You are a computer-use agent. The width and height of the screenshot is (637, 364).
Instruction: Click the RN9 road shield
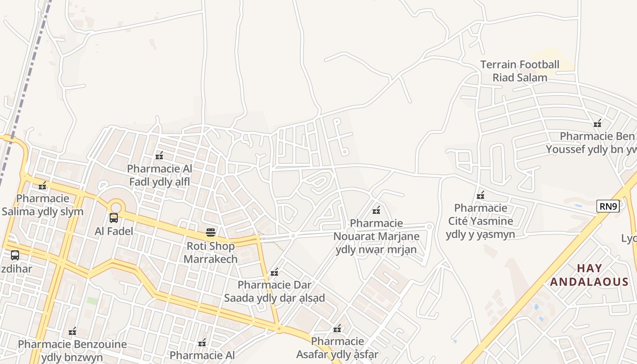click(x=608, y=207)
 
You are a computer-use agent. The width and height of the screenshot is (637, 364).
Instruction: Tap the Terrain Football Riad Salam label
click(x=520, y=71)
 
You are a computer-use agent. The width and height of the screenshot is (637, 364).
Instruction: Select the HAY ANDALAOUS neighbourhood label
click(x=589, y=275)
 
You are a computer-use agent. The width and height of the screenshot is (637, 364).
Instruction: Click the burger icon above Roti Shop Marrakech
click(x=210, y=233)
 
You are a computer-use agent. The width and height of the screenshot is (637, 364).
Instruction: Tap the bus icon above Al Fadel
click(x=114, y=218)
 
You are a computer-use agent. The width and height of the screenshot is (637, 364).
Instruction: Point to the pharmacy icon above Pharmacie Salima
click(x=43, y=186)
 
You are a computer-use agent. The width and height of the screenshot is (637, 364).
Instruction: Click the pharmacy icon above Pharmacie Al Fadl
click(x=159, y=156)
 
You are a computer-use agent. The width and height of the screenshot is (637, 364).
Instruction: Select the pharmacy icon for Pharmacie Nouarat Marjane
click(x=376, y=210)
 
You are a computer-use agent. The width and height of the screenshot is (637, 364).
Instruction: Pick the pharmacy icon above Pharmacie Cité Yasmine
click(x=480, y=196)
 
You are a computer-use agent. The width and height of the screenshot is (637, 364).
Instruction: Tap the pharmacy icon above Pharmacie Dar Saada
click(x=274, y=272)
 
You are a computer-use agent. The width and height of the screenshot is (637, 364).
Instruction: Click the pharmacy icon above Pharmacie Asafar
click(x=337, y=329)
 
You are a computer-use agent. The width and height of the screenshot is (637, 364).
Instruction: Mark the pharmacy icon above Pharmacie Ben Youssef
click(x=597, y=123)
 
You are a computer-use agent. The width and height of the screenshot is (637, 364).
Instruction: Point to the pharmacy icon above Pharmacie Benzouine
click(x=72, y=331)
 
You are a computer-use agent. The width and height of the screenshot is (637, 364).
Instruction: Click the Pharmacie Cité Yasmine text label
click(x=480, y=221)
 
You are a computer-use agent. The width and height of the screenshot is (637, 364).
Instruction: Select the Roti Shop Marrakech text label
click(x=210, y=253)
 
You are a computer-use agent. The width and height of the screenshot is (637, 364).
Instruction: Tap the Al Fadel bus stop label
click(x=114, y=231)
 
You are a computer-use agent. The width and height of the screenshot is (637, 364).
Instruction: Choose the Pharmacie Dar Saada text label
click(x=274, y=292)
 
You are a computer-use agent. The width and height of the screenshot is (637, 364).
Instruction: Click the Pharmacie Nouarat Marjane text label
click(x=376, y=236)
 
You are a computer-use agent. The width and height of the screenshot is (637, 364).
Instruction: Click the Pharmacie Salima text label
click(x=43, y=205)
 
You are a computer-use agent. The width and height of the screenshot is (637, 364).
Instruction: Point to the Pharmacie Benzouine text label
click(x=72, y=350)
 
